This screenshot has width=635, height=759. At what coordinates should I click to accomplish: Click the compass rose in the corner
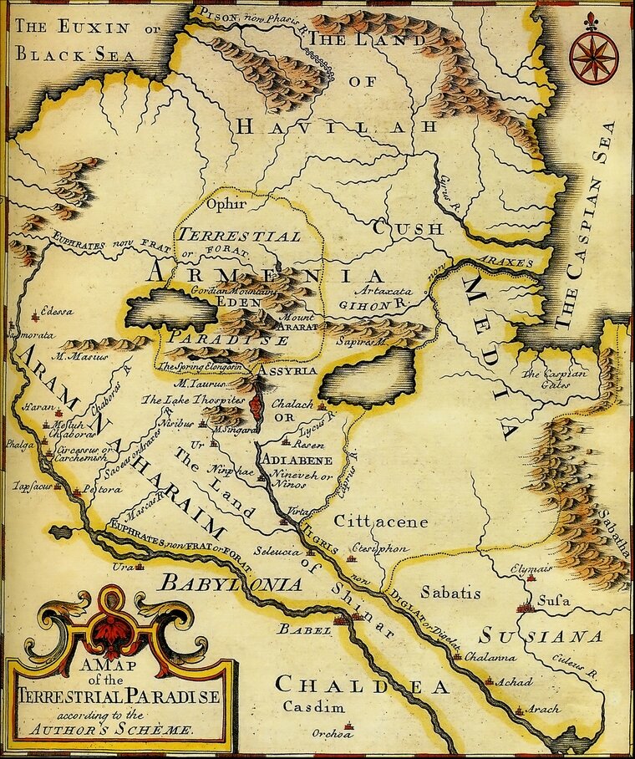point(593,56)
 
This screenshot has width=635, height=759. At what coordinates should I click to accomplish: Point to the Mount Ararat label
point(297,323)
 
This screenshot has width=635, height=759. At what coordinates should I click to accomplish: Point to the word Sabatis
point(450,593)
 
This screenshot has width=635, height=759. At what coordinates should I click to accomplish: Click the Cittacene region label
point(380,522)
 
